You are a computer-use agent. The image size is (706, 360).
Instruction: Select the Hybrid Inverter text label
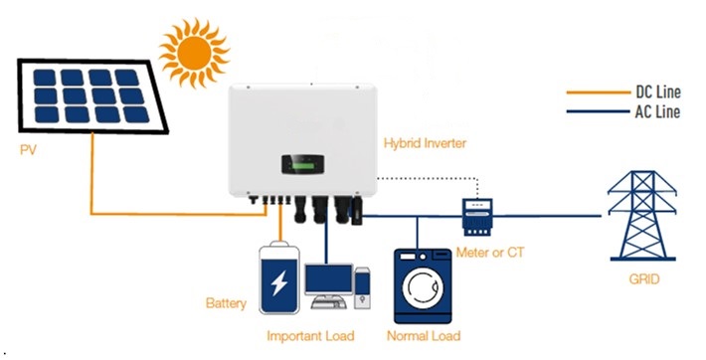click(x=425, y=144)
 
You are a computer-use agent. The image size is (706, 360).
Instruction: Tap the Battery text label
click(x=226, y=301)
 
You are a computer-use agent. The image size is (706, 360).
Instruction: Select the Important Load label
click(x=310, y=335)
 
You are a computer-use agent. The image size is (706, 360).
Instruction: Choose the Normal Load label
click(x=422, y=335)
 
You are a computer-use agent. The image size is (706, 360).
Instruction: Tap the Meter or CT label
click(x=488, y=253)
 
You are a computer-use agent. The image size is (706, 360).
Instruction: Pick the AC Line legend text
click(x=657, y=111)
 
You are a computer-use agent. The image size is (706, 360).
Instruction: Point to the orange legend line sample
click(x=596, y=92)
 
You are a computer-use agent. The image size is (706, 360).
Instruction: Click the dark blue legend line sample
click(x=596, y=111)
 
